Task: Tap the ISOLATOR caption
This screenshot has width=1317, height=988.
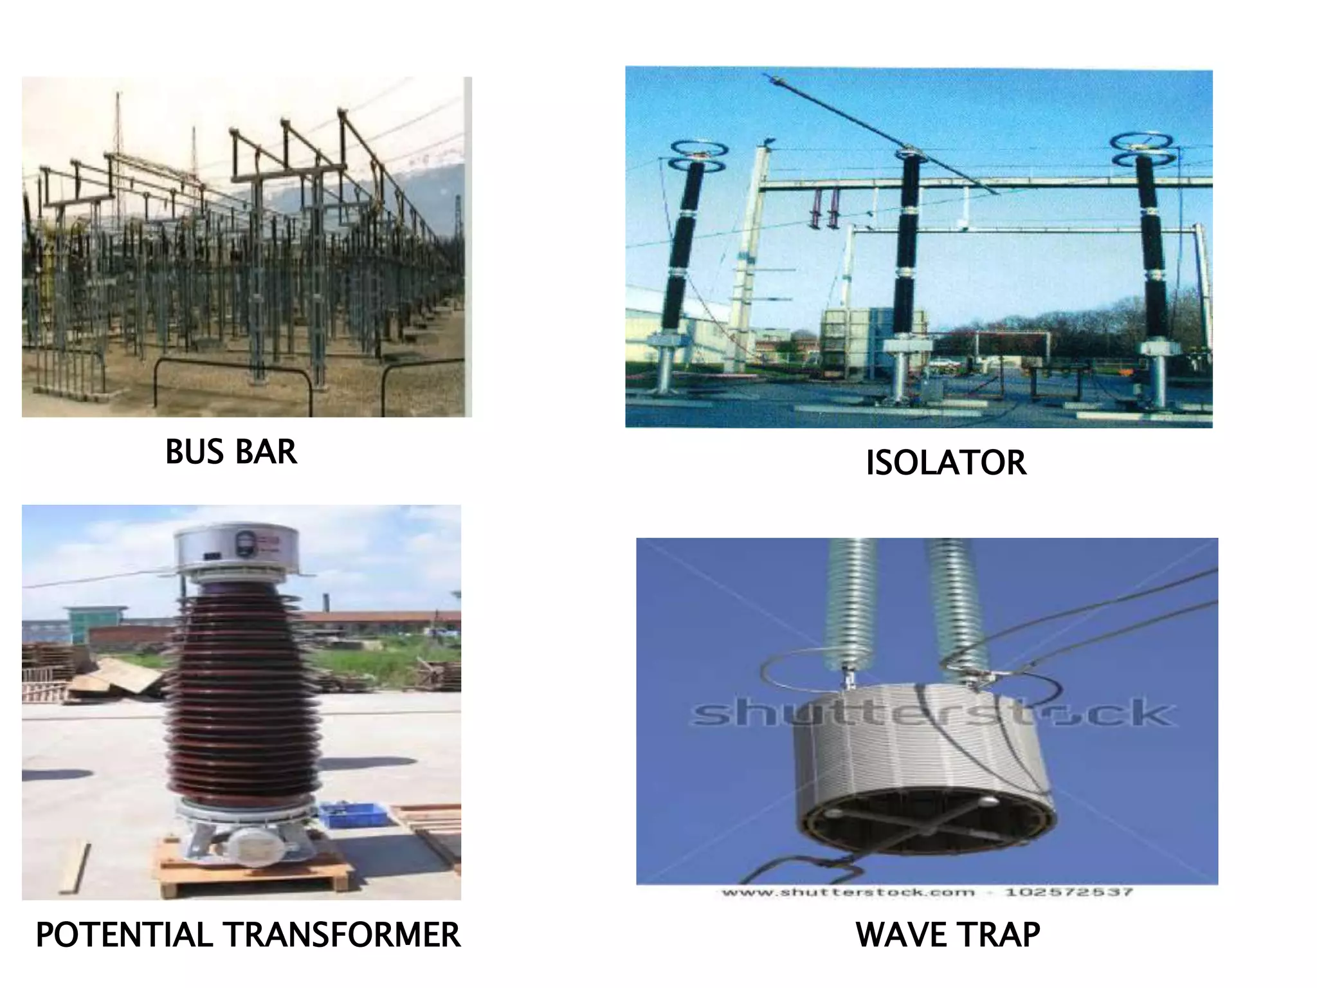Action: pos(945,462)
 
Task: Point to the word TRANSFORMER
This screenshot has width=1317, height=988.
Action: pos(341,935)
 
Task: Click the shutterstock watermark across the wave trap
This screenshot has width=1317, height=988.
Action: pos(932,713)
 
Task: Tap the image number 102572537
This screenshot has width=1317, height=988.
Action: pos(1068,892)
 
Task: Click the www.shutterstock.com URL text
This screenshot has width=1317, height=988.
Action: pos(848,892)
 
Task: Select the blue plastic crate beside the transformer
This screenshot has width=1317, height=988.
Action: pos(353,815)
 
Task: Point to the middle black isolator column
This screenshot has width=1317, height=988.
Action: pos(907,244)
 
